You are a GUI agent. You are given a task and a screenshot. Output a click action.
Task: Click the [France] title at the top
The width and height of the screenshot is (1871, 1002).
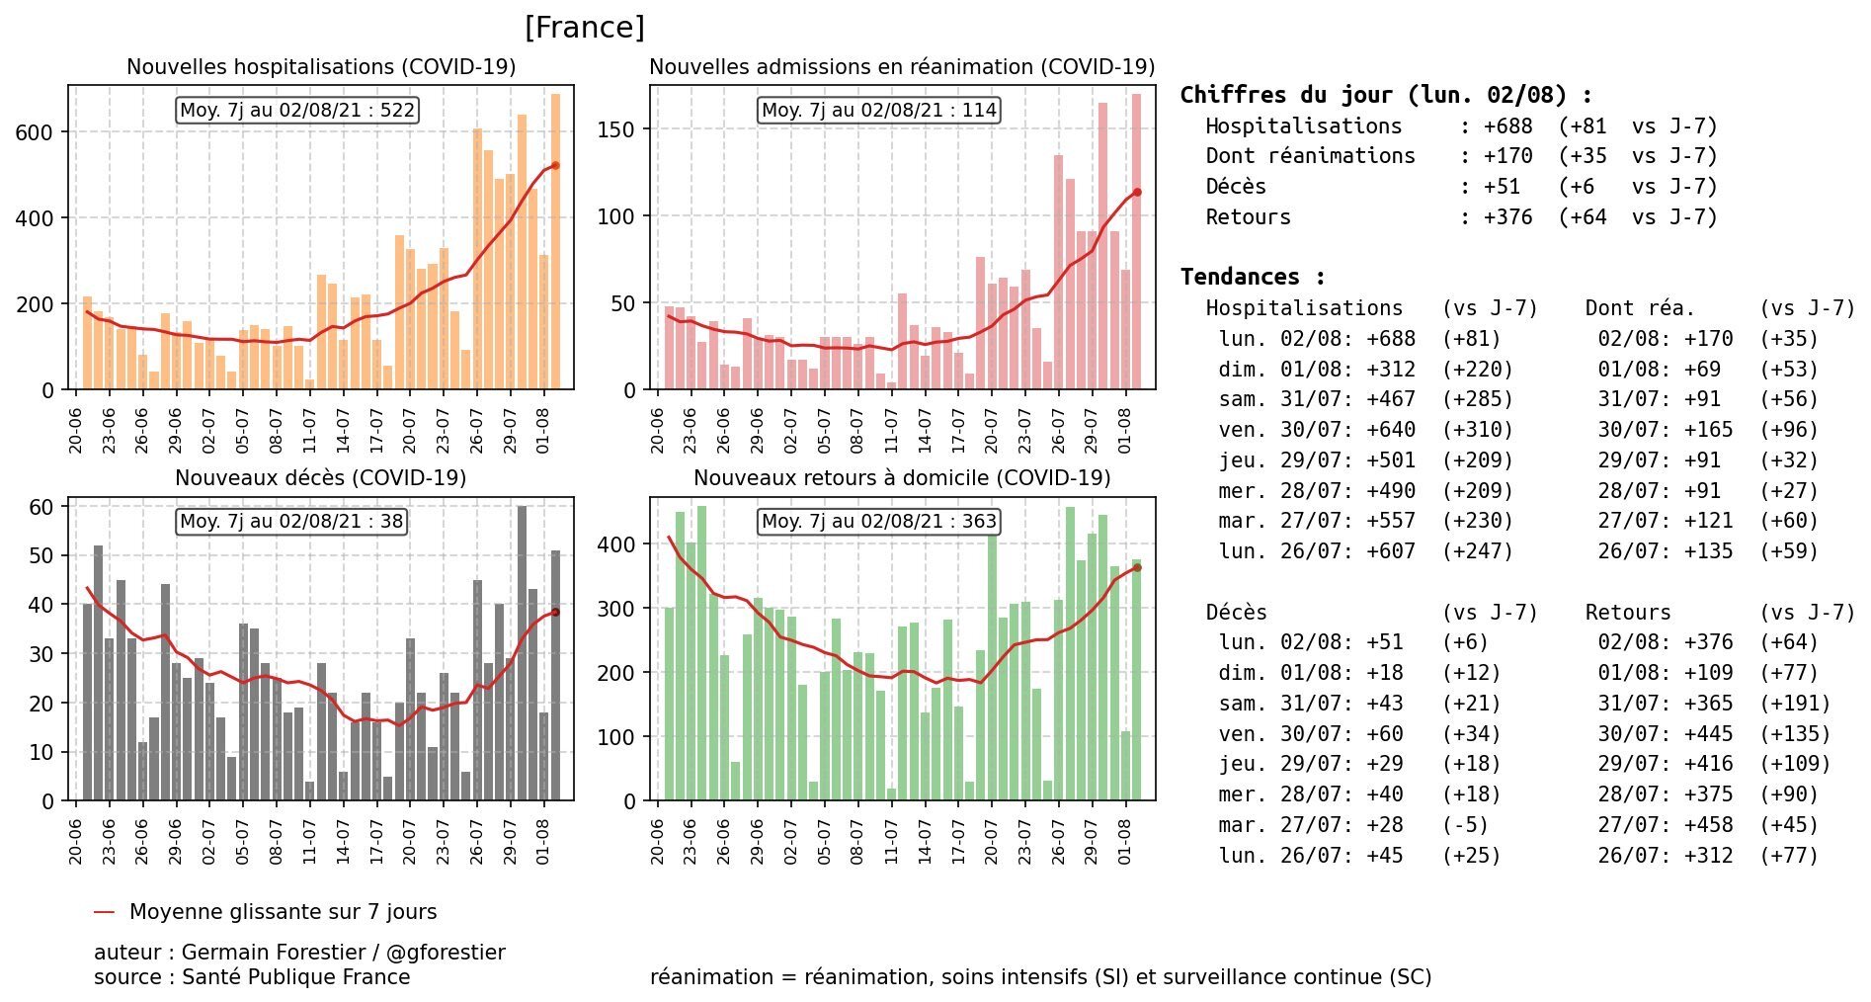click(584, 28)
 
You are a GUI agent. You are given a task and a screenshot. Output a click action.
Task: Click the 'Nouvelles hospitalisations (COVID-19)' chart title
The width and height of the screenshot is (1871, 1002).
click(321, 67)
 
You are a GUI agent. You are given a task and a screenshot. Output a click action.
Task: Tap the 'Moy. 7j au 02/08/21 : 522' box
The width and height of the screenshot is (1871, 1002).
click(297, 110)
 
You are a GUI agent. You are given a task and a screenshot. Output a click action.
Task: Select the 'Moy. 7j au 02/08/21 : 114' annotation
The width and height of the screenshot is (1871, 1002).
click(879, 110)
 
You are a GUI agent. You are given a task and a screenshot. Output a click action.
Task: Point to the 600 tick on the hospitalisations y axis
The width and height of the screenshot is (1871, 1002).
click(35, 132)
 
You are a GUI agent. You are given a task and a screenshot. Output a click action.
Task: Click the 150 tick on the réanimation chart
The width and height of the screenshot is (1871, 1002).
click(615, 129)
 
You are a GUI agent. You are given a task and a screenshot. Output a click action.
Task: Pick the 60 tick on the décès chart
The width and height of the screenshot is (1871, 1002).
click(41, 508)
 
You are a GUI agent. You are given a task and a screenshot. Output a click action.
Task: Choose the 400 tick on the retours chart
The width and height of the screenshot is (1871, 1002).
click(615, 544)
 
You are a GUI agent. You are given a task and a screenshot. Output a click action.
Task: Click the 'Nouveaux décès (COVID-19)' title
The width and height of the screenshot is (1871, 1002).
click(320, 478)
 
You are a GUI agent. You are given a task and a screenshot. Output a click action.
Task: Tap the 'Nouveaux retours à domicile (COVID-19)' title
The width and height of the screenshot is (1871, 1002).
click(902, 478)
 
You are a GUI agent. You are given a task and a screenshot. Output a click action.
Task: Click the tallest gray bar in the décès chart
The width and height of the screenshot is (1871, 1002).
click(522, 652)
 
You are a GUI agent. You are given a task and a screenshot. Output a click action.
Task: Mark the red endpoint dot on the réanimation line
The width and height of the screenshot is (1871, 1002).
click(1137, 193)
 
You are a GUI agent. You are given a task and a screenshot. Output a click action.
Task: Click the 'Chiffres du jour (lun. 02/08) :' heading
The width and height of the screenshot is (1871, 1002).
click(1386, 95)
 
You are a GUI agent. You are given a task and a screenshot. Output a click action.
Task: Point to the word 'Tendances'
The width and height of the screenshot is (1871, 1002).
click(1240, 277)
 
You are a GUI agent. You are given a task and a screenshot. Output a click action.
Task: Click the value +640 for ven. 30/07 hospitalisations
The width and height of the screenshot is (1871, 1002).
click(1391, 430)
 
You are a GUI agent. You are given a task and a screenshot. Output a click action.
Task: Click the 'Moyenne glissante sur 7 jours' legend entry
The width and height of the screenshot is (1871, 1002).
click(283, 912)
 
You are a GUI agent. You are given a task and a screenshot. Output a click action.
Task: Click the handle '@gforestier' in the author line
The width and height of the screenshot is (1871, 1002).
click(446, 953)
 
